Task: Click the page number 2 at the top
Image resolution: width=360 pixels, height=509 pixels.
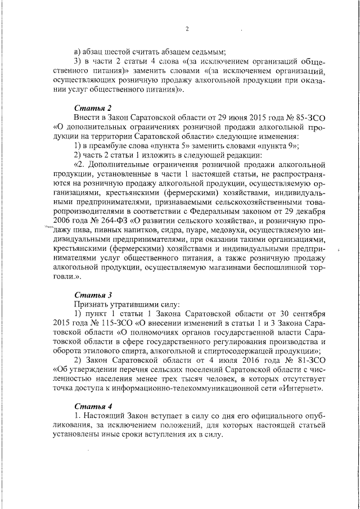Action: click(187, 29)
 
